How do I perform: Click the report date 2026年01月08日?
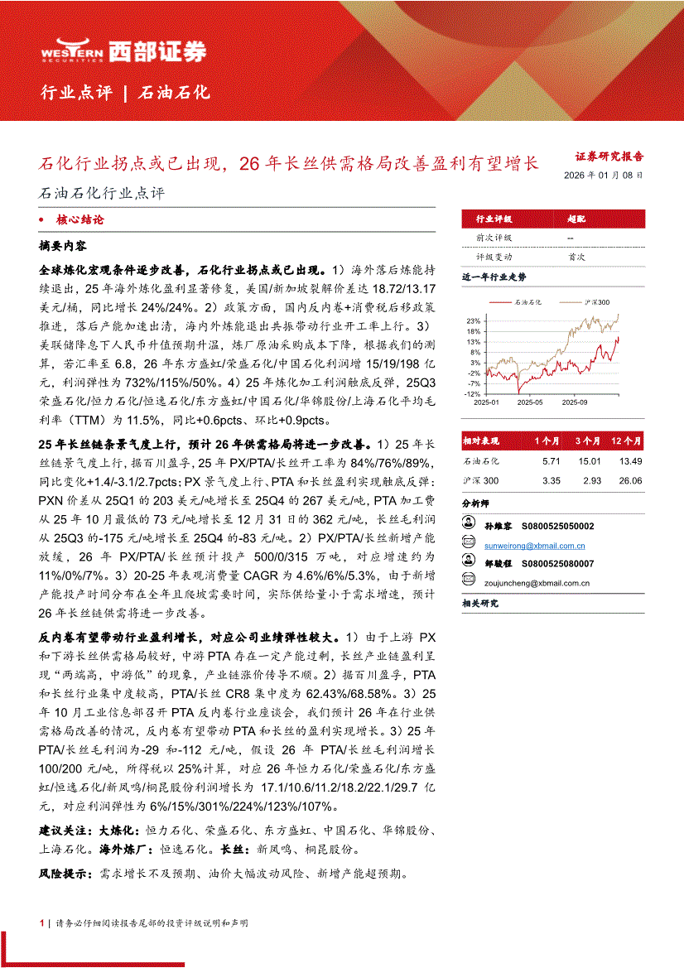tap(602, 176)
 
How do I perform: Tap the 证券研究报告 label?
tap(609, 156)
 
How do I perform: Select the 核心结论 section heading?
tap(79, 220)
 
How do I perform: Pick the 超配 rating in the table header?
tap(576, 219)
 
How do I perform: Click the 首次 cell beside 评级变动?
tap(576, 257)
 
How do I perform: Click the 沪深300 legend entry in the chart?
tap(596, 303)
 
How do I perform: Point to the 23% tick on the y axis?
tap(473, 320)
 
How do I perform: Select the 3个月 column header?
tap(590, 441)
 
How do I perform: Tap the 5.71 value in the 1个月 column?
tap(552, 460)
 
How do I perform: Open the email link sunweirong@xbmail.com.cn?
tap(534, 546)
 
